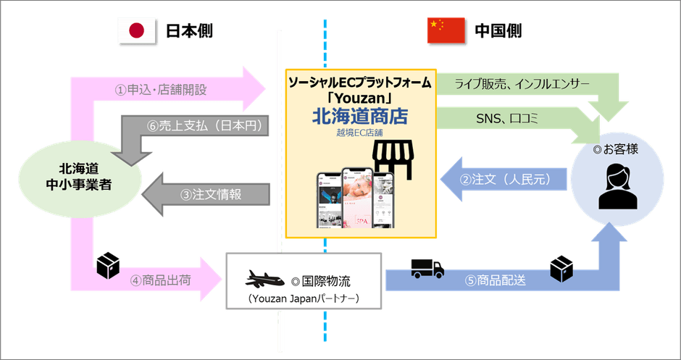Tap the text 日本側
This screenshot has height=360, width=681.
(x=188, y=31)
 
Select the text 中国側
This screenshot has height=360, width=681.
(x=498, y=31)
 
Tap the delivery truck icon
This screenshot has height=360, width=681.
(x=427, y=268)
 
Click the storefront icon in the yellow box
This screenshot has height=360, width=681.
(x=390, y=159)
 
